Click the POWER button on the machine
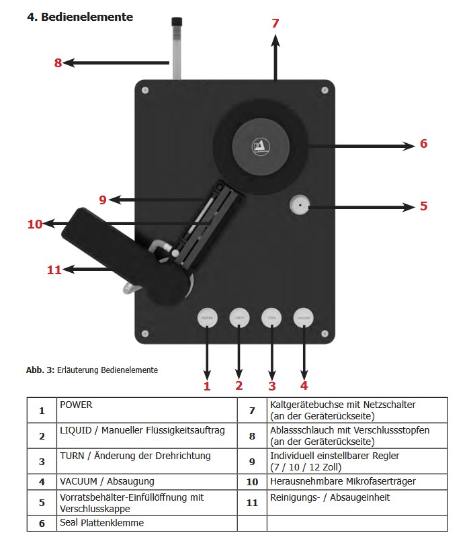tap(207, 317)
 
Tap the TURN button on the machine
tap(271, 317)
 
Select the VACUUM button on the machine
tap(304, 317)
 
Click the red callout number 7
tap(275, 23)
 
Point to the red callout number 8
tap(58, 63)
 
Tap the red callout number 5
tap(423, 206)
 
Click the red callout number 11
tap(54, 270)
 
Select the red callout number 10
tap(35, 224)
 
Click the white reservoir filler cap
tap(300, 205)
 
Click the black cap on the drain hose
tap(177, 24)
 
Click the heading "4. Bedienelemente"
tap(80, 17)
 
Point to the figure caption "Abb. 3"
tap(40, 370)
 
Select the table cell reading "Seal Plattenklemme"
tap(101, 522)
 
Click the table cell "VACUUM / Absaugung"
tap(107, 481)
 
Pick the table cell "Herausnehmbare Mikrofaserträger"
tap(342, 481)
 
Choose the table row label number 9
tap(252, 461)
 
